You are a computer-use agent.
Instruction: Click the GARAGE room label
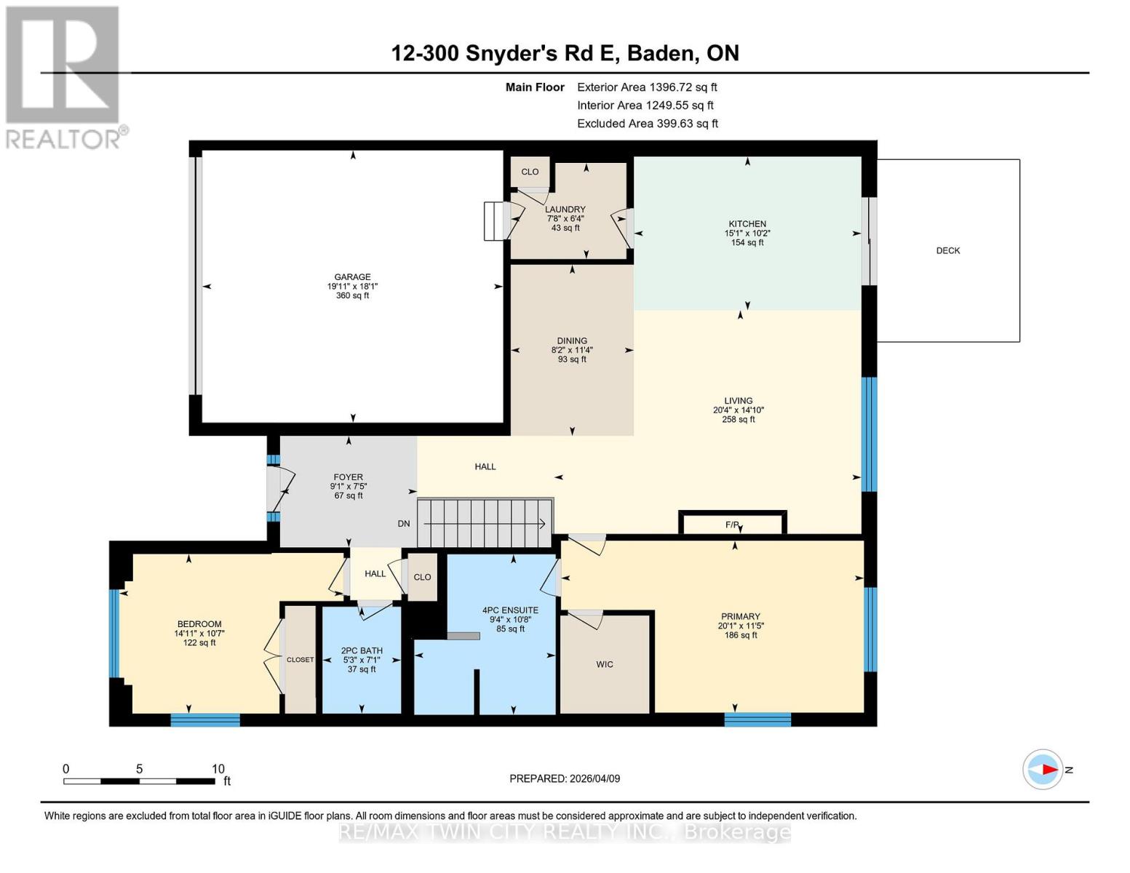[x=352, y=277]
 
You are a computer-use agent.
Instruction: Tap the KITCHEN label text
[x=747, y=224]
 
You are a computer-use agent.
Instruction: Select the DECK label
[x=947, y=250]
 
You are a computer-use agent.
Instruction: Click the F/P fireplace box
[x=732, y=524]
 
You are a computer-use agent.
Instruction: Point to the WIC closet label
[x=604, y=664]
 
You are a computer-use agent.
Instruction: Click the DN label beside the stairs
[x=404, y=524]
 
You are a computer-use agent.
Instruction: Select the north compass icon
[x=1043, y=769]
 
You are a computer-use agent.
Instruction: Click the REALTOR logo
[x=64, y=76]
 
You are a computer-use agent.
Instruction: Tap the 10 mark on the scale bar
[x=218, y=769]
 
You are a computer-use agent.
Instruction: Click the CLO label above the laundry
[x=530, y=172]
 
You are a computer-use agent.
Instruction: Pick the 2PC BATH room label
[x=362, y=651]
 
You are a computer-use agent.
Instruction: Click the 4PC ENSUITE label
[x=510, y=610]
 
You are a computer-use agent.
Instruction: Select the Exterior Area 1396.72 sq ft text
[x=647, y=87]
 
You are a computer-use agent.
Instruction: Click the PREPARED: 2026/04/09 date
[x=565, y=778]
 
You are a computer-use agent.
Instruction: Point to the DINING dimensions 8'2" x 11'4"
[x=572, y=350]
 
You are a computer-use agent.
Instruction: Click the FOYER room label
[x=348, y=477]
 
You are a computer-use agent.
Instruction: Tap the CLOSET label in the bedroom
[x=300, y=660]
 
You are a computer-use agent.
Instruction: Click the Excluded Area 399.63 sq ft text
[x=647, y=124]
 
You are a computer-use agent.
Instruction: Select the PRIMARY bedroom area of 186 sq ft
[x=740, y=635]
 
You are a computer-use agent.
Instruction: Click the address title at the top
[x=565, y=53]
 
